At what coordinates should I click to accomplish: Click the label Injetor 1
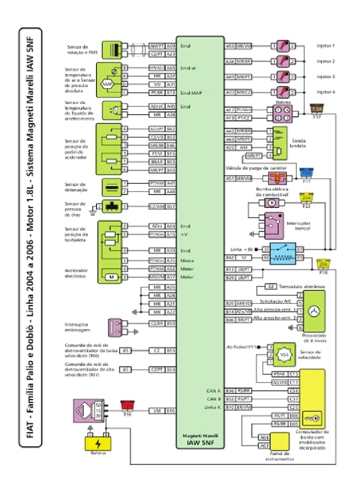325,46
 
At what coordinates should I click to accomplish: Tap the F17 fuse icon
316,111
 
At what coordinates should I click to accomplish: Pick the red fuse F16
127,404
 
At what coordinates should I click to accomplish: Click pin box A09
171,46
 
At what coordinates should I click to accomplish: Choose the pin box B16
171,411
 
